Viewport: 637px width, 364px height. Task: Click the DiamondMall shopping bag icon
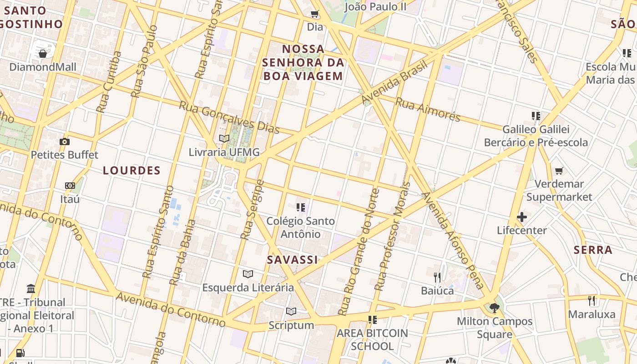[x=43, y=54]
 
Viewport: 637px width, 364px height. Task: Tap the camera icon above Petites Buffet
[x=65, y=142]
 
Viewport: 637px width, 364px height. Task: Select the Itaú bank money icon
[x=70, y=186]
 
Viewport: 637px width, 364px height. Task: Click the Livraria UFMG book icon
[x=224, y=138]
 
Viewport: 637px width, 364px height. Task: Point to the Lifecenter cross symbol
[x=522, y=217]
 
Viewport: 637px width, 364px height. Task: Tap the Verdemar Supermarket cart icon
[x=559, y=171]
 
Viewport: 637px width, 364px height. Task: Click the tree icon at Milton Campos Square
[x=494, y=308]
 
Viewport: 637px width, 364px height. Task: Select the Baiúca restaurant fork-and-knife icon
[x=437, y=277]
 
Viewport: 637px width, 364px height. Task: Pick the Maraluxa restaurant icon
[x=591, y=300]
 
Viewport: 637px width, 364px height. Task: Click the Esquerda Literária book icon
[x=248, y=274]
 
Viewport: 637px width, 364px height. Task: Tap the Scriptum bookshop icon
[x=291, y=312]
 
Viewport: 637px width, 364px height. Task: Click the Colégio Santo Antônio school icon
[x=300, y=207]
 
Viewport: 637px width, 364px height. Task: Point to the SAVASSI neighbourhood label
[x=292, y=260]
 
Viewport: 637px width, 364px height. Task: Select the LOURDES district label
[x=131, y=171]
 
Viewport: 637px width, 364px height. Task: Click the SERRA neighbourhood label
[x=592, y=250]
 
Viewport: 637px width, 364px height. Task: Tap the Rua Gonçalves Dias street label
[x=229, y=117]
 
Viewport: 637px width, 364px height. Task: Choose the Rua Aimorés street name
[x=428, y=109]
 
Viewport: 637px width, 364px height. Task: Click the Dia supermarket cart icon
[x=314, y=14]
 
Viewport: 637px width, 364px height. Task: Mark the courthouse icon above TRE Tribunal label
[x=31, y=288]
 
